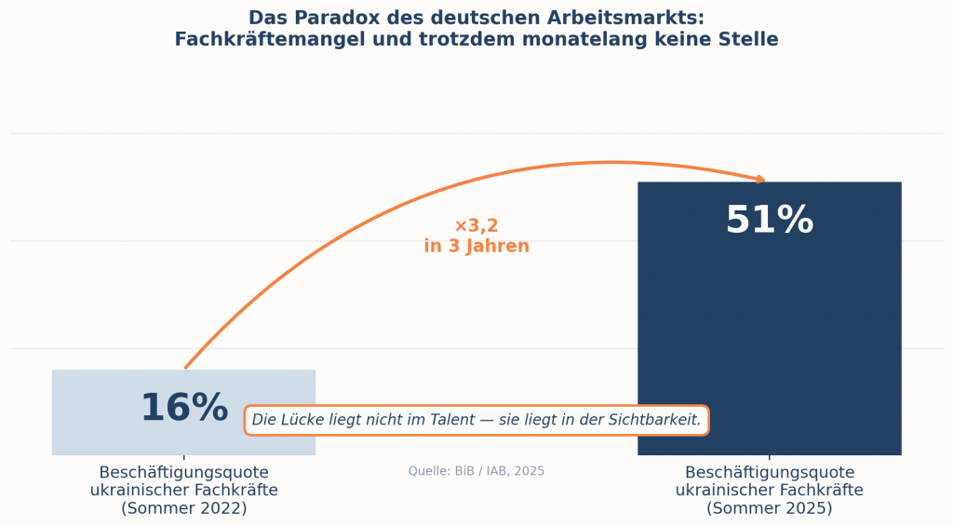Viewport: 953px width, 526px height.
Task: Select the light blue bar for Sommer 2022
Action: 112,410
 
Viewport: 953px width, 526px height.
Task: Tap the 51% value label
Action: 769,221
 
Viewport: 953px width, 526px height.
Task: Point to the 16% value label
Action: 183,408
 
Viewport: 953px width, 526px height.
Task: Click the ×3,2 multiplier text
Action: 476,226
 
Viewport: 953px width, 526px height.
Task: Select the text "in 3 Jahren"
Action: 476,247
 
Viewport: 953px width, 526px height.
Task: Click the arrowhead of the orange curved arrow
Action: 760,179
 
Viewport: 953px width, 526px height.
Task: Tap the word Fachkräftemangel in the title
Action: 272,39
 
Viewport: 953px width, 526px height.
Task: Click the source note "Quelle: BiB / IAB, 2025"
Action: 476,471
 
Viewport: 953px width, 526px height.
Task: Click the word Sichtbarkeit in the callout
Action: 653,420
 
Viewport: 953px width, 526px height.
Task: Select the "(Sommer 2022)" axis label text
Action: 183,508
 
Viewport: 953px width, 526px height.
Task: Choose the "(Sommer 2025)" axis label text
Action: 769,508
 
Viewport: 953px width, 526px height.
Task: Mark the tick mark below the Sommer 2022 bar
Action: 183,458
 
